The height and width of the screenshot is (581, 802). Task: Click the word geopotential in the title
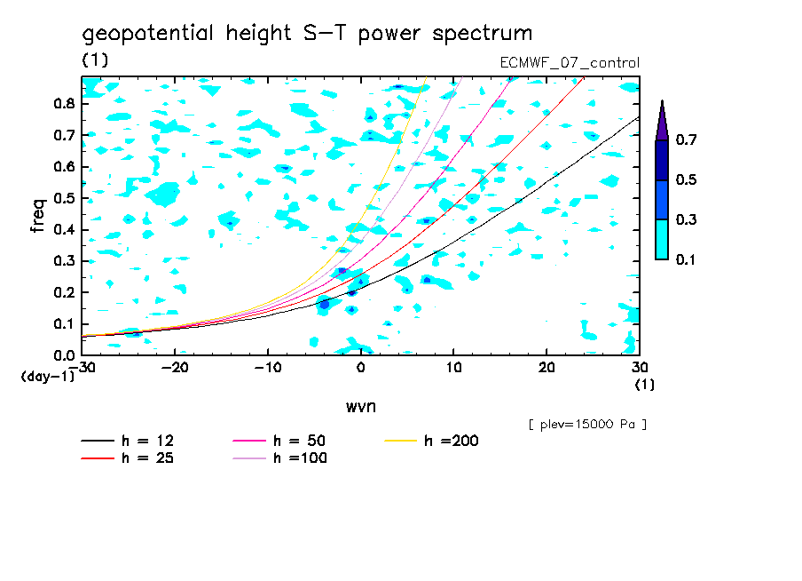(x=147, y=35)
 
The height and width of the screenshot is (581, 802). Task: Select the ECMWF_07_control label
(x=570, y=63)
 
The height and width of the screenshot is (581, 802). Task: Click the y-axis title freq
(x=38, y=217)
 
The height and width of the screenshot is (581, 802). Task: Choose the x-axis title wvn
(x=360, y=406)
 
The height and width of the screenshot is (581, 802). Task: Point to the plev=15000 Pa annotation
(x=586, y=425)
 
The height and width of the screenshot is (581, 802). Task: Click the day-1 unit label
(x=46, y=377)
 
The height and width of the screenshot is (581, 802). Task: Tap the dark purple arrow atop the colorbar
(x=662, y=119)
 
